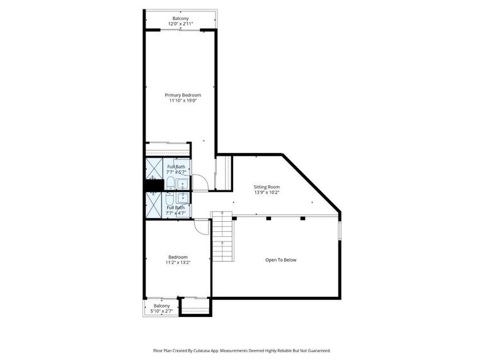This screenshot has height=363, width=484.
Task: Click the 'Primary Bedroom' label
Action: pos(183,95)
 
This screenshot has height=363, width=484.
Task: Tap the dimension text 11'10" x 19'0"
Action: pos(183,100)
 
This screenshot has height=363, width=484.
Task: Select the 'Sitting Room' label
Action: pos(267,187)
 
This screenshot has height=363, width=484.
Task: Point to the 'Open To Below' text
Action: pos(280,260)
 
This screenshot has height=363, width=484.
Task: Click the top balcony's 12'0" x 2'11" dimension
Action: pos(180,24)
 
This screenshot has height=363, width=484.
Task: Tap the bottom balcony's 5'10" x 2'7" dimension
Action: pos(161,311)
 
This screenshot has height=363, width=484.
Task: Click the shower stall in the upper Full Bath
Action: pos(154,169)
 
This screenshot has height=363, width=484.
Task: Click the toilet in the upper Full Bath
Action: pos(170,184)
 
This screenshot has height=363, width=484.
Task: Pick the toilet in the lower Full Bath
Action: pos(170,197)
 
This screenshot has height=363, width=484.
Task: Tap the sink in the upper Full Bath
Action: pos(182,184)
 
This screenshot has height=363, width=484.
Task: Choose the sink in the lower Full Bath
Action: pos(182,197)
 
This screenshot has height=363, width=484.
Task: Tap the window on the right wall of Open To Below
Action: pos(340,229)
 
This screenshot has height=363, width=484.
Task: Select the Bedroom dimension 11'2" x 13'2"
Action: pos(178,263)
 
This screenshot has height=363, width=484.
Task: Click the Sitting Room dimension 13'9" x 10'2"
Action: pos(267,193)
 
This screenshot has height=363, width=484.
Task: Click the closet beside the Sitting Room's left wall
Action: pos(224,172)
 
